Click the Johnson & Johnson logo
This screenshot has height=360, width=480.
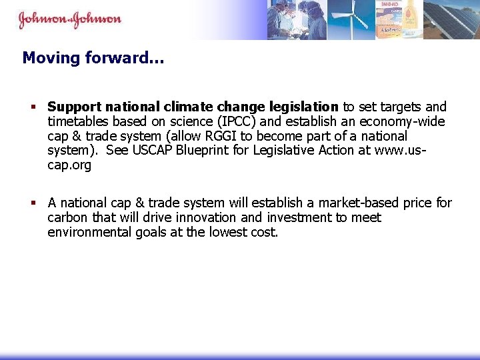[x=69, y=19]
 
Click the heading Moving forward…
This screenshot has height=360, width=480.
[x=93, y=58]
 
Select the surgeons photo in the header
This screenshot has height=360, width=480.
[x=297, y=19]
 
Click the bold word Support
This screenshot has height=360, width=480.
[x=73, y=107]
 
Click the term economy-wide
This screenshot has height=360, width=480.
[x=405, y=121]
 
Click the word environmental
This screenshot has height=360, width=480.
[x=85, y=232]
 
